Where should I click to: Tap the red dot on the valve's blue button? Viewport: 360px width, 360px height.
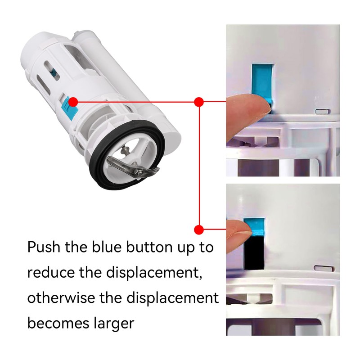coord(73,103)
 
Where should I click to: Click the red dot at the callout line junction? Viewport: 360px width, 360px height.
coord(199,102)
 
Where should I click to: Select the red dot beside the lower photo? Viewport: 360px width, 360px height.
coord(199,229)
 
